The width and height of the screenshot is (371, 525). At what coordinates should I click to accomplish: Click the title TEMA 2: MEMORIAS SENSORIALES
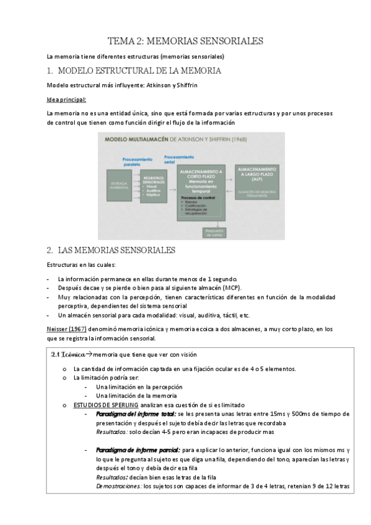186,41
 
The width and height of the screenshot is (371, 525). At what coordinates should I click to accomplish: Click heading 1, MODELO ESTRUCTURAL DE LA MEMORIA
134,71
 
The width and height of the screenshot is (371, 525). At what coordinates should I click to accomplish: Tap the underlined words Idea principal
66,99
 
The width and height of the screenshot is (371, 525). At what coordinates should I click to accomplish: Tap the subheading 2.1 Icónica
69,354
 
